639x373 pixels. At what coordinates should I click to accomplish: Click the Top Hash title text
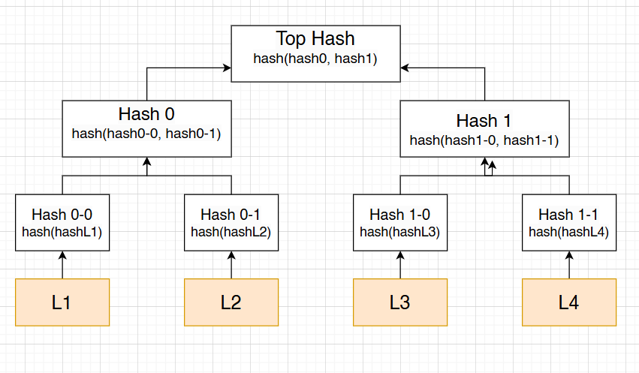click(315, 38)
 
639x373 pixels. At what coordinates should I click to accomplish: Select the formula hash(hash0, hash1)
click(315, 57)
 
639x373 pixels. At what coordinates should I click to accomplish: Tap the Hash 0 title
click(146, 114)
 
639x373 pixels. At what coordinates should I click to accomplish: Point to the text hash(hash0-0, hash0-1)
click(146, 134)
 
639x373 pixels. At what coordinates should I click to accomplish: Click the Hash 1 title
click(484, 120)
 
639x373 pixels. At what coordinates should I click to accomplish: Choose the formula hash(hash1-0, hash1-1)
click(484, 140)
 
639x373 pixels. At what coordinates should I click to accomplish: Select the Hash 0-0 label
click(62, 215)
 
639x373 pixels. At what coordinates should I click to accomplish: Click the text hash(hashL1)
click(62, 232)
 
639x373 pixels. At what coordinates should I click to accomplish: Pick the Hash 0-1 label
click(231, 215)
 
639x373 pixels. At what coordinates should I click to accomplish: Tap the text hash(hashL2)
click(231, 232)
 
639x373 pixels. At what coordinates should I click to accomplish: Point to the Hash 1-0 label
click(399, 215)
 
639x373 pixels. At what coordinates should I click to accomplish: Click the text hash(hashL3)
click(399, 232)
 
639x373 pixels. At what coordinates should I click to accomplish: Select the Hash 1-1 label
click(568, 215)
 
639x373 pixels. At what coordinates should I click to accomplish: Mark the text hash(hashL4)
click(568, 232)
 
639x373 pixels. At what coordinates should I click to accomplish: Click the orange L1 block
click(62, 302)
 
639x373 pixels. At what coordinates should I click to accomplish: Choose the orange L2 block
click(231, 302)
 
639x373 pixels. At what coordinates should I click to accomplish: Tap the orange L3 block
click(399, 302)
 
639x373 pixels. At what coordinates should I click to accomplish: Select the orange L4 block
click(568, 302)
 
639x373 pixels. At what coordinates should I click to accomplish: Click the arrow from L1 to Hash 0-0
click(62, 265)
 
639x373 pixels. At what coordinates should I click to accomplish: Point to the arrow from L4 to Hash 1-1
click(568, 265)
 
